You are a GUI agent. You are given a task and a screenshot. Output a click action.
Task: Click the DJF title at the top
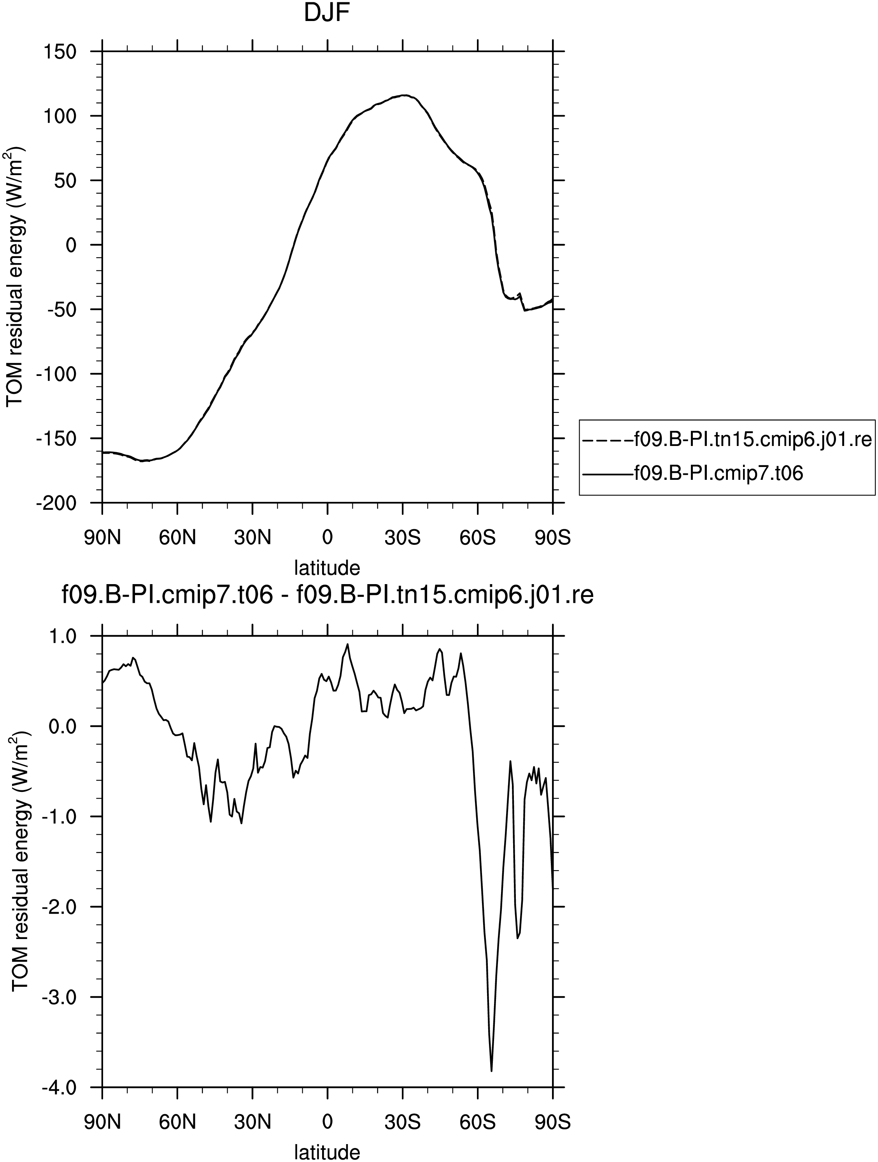click(x=327, y=13)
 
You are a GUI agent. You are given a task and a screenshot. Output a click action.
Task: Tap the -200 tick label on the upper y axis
click(x=57, y=503)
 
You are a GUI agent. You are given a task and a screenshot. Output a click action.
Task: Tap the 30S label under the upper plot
click(x=402, y=538)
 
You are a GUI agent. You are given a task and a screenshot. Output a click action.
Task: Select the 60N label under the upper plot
click(x=177, y=538)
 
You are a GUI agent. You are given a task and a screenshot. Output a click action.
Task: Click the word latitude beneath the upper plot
click(x=327, y=568)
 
